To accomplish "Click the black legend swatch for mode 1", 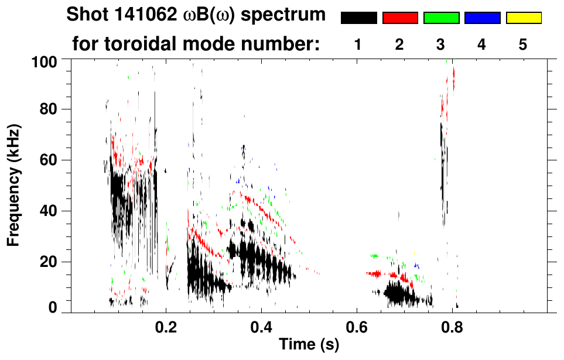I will point(358,18).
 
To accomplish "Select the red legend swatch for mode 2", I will point(400,18).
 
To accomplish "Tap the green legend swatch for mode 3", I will point(441,18).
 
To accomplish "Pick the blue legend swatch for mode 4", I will point(482,18).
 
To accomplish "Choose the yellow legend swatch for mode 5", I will point(524,18).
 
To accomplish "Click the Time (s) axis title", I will point(308,345).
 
